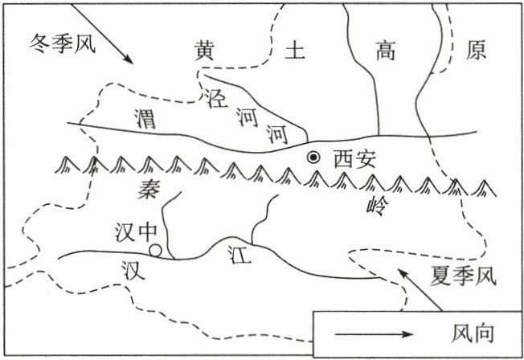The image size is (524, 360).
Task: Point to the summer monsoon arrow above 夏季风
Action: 421,288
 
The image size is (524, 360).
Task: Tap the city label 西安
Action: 354,159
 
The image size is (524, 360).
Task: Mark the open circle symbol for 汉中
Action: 156,251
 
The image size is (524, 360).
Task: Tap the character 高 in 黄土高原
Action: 386,51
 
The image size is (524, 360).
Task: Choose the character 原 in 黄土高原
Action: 477,51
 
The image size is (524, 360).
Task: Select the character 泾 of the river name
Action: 214,98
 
